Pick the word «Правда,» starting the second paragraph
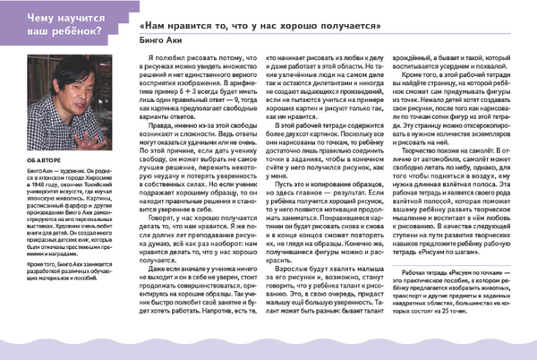click(164, 136)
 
